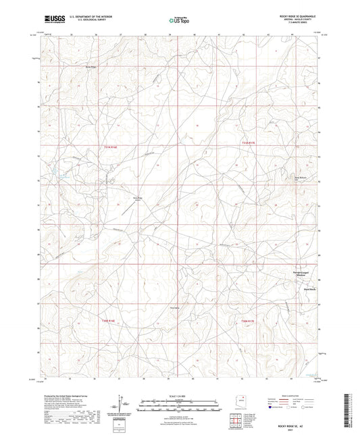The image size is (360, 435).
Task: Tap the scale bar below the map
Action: (180, 405)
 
